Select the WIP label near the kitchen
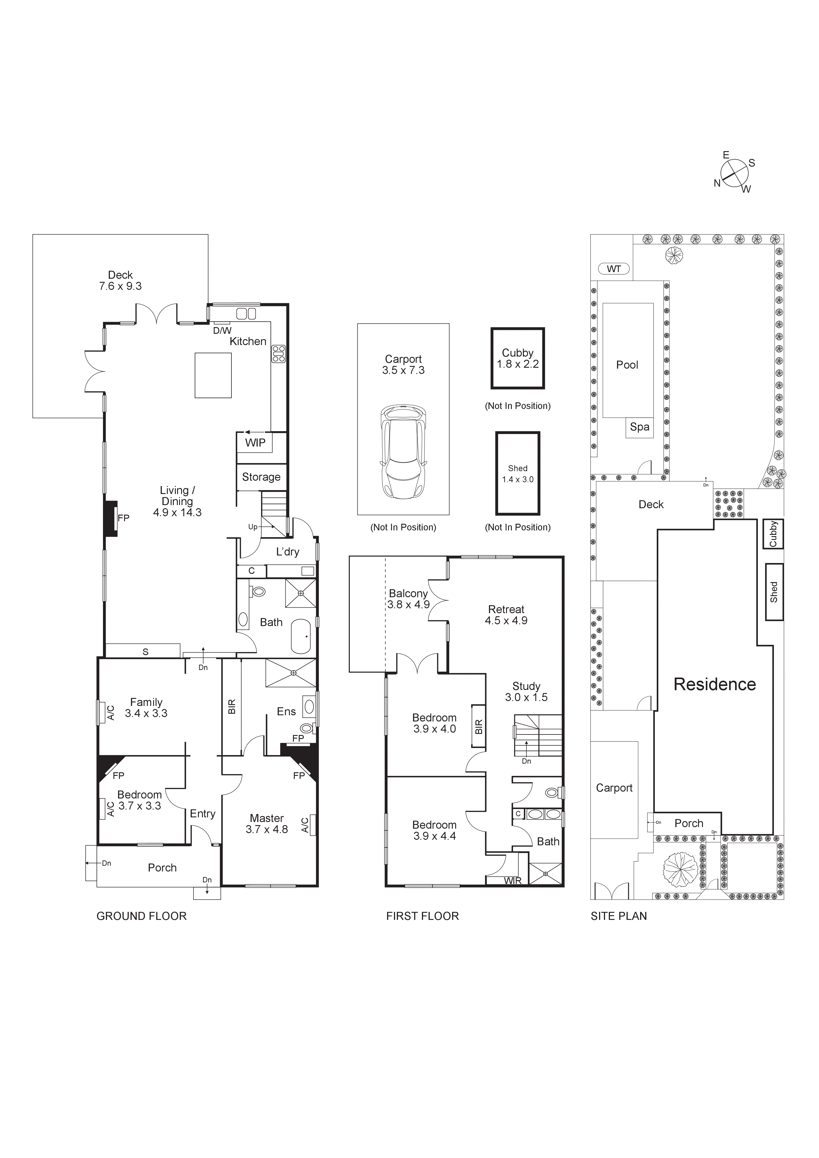(x=255, y=443)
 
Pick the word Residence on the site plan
(x=715, y=684)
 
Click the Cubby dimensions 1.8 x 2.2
(x=517, y=364)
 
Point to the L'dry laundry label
(x=287, y=552)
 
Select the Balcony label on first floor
(x=408, y=594)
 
